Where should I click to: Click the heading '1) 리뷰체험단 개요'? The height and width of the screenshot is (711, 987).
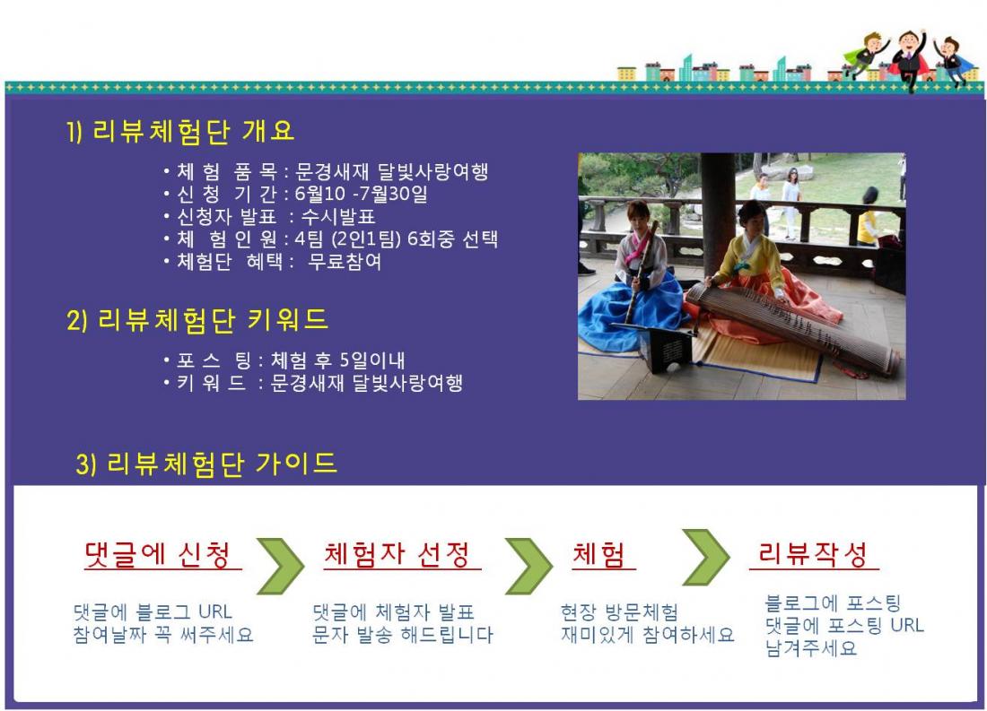click(x=180, y=131)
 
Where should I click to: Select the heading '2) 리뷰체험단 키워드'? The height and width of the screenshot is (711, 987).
click(x=197, y=319)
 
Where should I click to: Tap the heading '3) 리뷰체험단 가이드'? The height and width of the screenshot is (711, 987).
click(x=206, y=464)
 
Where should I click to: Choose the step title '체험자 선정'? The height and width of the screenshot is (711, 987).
click(x=397, y=554)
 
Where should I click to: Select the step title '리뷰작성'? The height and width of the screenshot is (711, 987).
click(x=813, y=554)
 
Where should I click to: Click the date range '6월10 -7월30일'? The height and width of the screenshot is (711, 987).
click(x=362, y=193)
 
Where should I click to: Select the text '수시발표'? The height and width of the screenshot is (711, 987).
click(x=338, y=216)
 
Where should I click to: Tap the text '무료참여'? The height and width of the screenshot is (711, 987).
click(x=345, y=261)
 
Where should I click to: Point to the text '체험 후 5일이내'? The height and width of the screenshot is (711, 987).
click(x=338, y=360)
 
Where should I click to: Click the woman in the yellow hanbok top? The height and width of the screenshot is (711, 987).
click(x=771, y=271)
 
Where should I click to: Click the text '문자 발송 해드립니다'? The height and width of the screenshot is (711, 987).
click(x=403, y=634)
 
